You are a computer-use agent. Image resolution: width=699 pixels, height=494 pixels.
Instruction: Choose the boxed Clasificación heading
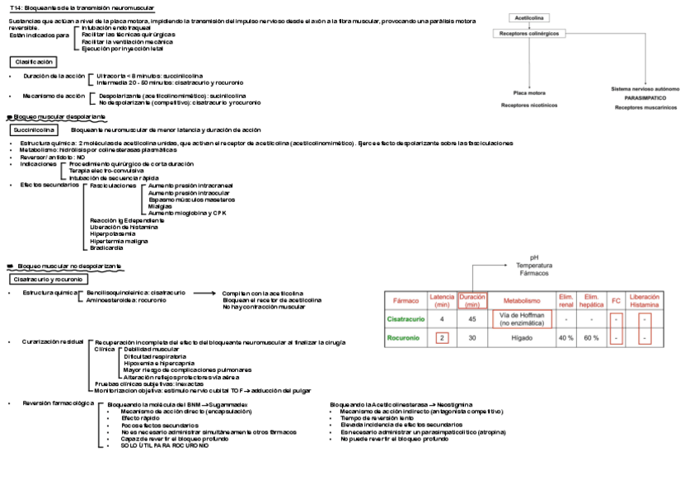click(x=34, y=62)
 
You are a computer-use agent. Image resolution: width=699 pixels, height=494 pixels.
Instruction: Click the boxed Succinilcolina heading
click(x=34, y=129)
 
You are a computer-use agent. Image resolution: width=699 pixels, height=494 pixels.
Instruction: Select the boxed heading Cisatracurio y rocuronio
click(x=46, y=280)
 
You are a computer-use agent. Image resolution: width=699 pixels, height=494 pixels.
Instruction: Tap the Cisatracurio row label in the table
click(x=406, y=318)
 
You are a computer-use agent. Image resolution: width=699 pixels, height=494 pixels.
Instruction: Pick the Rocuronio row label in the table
click(x=406, y=338)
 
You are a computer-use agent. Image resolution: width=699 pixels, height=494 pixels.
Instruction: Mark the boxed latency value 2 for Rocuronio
click(x=443, y=338)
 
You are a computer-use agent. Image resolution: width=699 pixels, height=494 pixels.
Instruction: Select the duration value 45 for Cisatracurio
click(x=472, y=318)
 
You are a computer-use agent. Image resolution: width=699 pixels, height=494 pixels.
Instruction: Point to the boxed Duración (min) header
click(x=472, y=301)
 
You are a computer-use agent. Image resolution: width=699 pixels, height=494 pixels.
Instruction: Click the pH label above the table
click(x=533, y=256)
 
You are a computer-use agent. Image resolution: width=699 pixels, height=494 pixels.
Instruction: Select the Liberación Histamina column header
click(x=645, y=301)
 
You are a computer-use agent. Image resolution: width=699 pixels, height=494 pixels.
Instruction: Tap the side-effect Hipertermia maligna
click(x=119, y=241)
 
